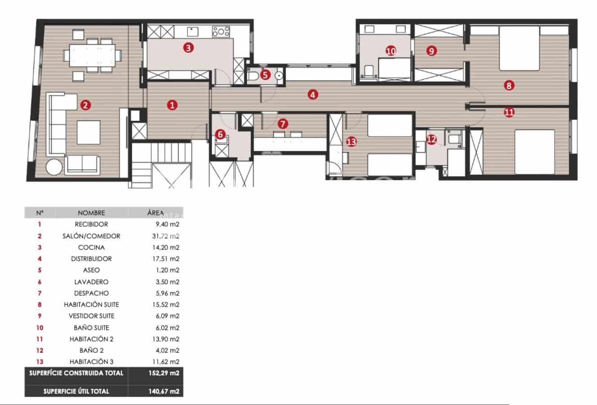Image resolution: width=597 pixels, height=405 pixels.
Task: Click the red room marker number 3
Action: [189, 47]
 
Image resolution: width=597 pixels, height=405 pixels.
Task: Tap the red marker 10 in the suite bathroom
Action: [391, 51]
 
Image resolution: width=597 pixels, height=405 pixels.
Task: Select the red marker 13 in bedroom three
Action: [351, 142]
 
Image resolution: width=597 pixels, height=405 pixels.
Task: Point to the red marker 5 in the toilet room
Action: [265, 75]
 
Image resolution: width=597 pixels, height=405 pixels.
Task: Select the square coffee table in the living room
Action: [88, 132]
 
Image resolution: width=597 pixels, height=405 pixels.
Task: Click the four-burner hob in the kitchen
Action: [221, 31]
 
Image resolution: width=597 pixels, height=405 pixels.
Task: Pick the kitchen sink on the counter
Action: [193, 31]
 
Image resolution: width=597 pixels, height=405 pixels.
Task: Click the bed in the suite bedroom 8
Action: [519, 48]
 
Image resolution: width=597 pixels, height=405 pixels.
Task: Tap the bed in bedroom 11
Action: [534, 152]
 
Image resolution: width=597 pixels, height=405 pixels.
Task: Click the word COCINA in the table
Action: [91, 247]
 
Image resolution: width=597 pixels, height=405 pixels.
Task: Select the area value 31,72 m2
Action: [164, 236]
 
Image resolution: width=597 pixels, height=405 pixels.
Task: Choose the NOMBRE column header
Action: [91, 213]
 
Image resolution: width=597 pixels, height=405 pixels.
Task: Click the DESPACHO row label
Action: [91, 293]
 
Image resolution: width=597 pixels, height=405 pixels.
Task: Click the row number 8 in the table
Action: [40, 305]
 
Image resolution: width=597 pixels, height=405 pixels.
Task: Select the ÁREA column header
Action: [155, 213]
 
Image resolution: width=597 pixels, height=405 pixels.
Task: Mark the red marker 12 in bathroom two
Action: [431, 139]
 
